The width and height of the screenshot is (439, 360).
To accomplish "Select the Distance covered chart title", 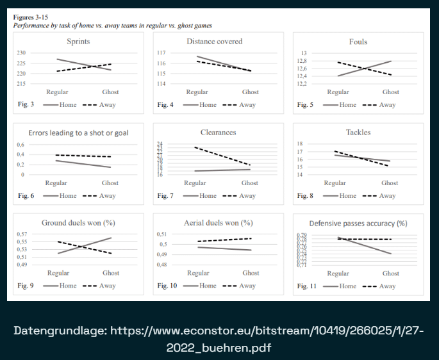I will pos(214,42).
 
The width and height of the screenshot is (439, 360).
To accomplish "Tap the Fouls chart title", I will pos(358,42).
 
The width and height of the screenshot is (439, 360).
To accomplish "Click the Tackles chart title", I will pos(358,133).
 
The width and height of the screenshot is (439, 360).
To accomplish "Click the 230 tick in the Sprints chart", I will pos(21,53).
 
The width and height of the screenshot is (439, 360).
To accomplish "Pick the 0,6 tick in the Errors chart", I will pos(20,145).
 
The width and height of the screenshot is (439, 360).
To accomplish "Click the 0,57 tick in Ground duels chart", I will pos(22,234).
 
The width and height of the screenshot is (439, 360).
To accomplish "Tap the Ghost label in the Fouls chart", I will pos(390,92).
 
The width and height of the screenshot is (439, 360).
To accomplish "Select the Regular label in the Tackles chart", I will pos(335,183).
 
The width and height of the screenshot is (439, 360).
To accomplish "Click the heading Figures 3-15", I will pos(33,17).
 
